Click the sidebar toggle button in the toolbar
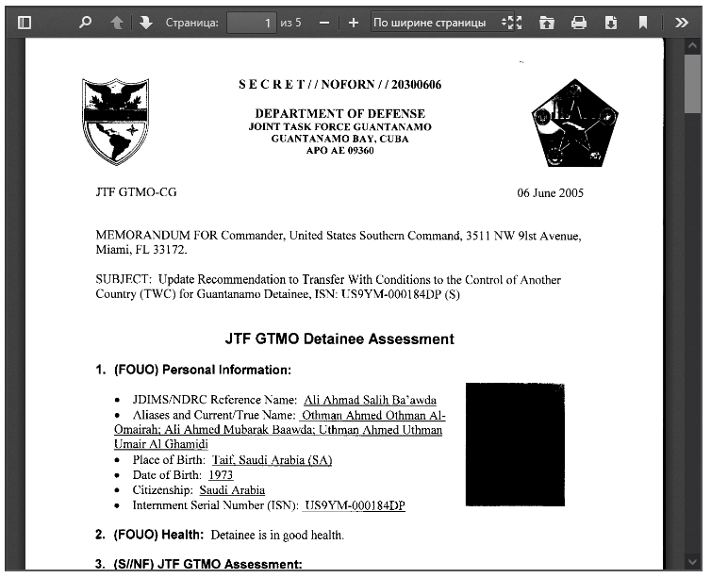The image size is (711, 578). coord(25,22)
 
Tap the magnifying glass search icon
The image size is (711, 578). coord(86,22)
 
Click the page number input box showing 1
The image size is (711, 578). coord(252,22)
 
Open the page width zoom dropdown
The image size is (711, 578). coord(436,22)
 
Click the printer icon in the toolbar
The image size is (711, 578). coord(579,22)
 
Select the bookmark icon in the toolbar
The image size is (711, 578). coord(642,22)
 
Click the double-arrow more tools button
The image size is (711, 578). coord(681,22)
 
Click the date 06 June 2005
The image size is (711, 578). coord(550,193)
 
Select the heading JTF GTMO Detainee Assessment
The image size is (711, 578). coord(339,339)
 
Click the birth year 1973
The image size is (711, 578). coord(220,475)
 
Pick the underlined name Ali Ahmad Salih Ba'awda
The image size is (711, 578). coord(370,400)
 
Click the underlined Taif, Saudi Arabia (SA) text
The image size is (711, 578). coord(272,460)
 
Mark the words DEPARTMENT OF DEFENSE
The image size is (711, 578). coord(339,114)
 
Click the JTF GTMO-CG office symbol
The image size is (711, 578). coord(136,192)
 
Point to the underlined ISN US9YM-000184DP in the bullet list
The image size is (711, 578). coord(354,505)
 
